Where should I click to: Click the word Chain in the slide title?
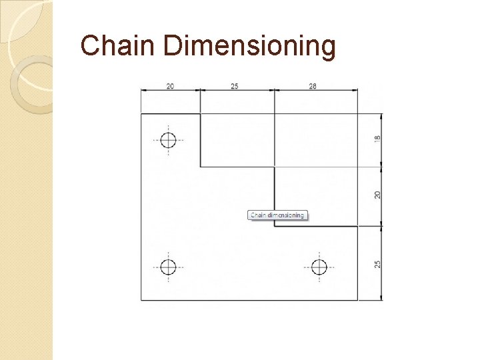click(117, 47)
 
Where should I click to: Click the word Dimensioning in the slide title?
click(249, 47)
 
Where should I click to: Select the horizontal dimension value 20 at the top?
click(170, 86)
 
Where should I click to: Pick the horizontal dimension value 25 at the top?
click(235, 86)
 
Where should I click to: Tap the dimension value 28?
click(312, 86)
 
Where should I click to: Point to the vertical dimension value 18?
click(378, 139)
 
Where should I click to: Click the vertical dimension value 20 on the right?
click(378, 195)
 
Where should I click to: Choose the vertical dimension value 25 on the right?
click(378, 263)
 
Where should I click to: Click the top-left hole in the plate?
click(168, 140)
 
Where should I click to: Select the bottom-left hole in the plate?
click(168, 267)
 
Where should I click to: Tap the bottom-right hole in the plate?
click(319, 267)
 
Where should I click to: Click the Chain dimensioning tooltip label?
click(277, 215)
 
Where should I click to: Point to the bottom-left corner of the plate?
click(141, 300)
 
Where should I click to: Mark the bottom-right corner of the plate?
click(357, 300)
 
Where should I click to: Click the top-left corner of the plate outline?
click(141, 113)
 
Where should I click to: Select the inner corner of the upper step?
click(201, 167)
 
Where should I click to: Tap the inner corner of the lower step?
click(274, 226)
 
